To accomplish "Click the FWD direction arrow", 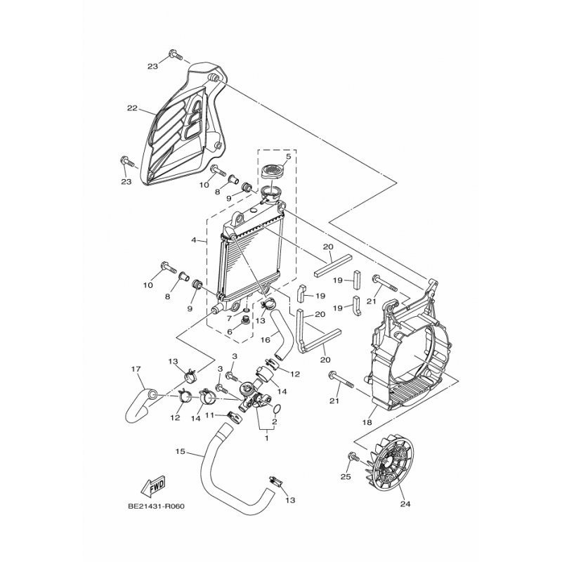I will tap(151, 485).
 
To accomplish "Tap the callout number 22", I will tap(131, 108).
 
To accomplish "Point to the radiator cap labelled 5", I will tap(274, 171).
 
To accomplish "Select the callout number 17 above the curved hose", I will tap(136, 369).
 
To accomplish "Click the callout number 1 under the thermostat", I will tap(266, 437).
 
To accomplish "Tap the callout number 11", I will tap(209, 415).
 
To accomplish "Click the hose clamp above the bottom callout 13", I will tap(275, 483).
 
